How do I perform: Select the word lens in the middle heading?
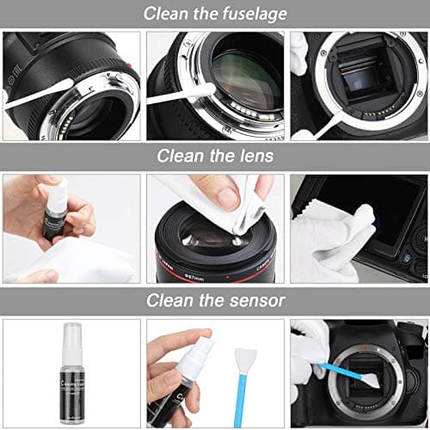[x=255, y=157]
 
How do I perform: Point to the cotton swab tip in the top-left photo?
[x=47, y=90]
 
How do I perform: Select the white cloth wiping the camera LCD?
[x=331, y=241]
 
